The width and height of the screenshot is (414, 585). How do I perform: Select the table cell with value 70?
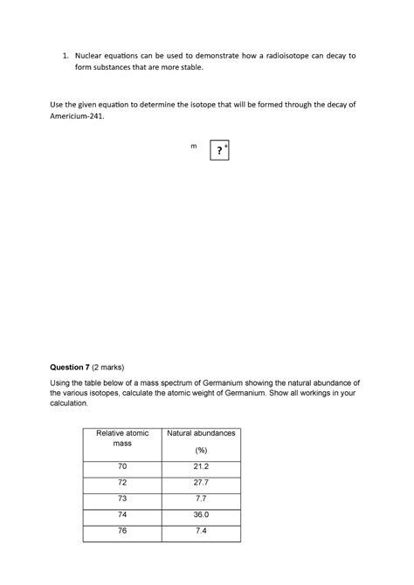[122, 466]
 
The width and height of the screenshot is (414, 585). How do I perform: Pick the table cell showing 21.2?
[201, 466]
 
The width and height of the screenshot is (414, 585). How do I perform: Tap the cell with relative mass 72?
[122, 483]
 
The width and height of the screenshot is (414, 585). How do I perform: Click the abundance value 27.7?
[201, 483]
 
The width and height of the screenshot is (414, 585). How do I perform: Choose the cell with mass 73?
[122, 499]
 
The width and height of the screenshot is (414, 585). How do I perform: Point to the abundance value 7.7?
[201, 499]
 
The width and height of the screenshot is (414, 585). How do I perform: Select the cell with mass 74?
[122, 515]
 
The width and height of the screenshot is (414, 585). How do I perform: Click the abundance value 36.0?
[201, 515]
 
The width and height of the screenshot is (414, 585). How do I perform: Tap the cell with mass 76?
[122, 531]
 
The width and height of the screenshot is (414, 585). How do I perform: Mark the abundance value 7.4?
[201, 531]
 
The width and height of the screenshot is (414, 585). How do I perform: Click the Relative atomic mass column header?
[122, 438]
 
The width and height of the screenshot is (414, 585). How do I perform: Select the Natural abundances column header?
[201, 433]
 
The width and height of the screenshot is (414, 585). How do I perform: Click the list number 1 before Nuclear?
[64, 55]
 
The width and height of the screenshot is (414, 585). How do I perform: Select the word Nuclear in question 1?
[90, 55]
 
